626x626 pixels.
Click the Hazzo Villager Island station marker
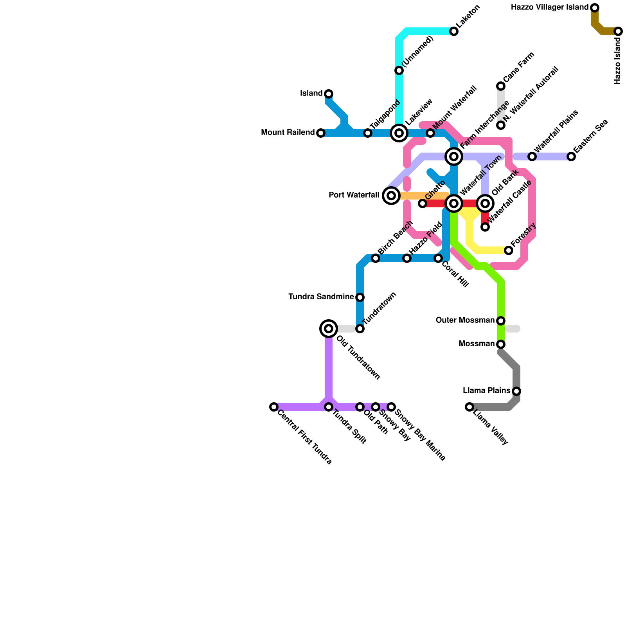(595, 8)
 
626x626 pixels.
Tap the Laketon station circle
(454, 31)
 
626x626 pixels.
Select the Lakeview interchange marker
(399, 133)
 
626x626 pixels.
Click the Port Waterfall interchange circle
(391, 196)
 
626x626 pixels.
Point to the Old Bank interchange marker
(485, 203)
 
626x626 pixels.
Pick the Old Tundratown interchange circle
(329, 329)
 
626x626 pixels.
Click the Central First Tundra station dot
(274, 407)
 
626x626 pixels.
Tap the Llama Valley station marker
(469, 407)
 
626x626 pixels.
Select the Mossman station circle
(501, 344)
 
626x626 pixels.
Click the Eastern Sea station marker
(571, 156)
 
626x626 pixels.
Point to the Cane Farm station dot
(501, 86)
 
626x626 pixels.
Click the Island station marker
(329, 94)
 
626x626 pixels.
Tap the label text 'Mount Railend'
(288, 133)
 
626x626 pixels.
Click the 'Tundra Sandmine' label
(321, 297)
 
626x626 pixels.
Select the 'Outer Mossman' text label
(465, 320)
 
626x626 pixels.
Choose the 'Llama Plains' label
(486, 391)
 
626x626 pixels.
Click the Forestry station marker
(509, 250)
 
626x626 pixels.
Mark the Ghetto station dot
(423, 203)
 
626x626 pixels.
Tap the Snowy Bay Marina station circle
(391, 407)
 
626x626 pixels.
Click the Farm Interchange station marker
(454, 156)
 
